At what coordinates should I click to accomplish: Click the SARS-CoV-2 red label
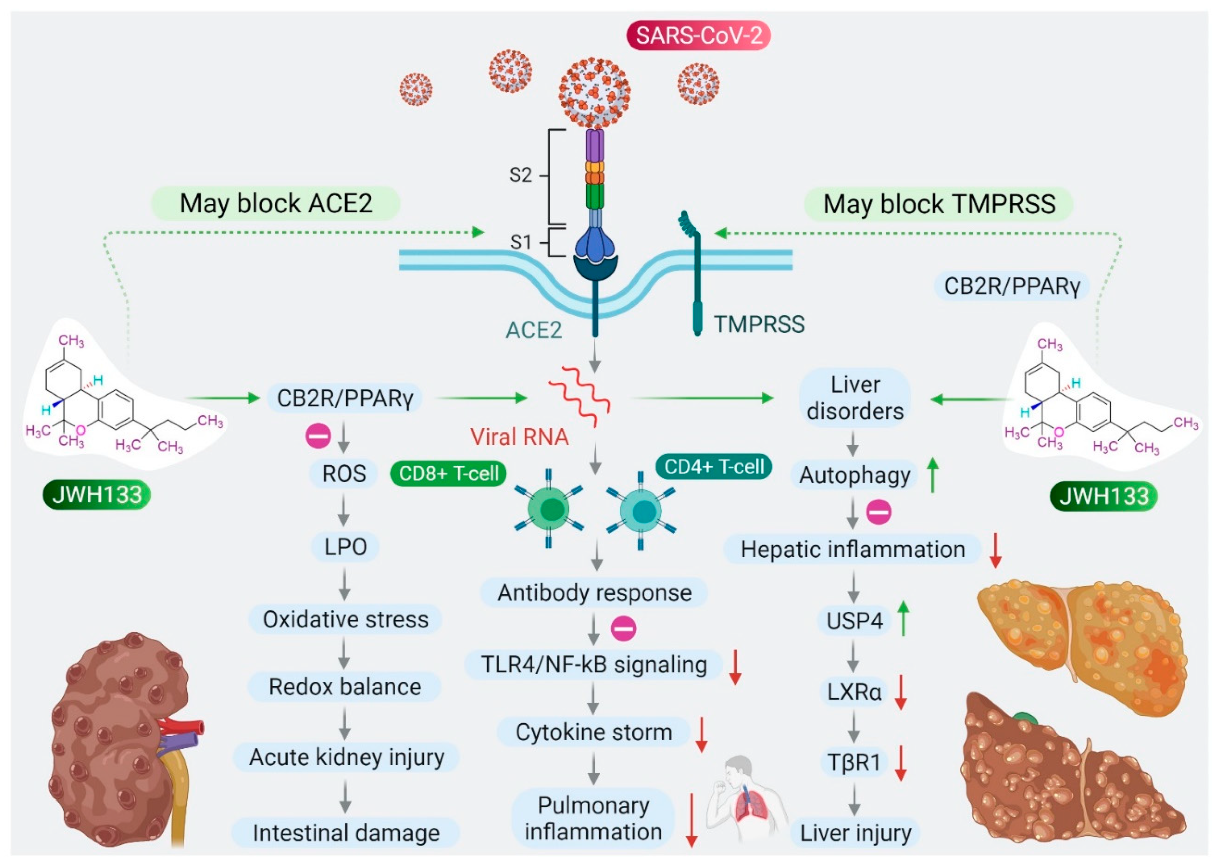pyautogui.click(x=698, y=36)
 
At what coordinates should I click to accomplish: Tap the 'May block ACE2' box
pyautogui.click(x=275, y=203)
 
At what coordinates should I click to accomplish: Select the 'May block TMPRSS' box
pyautogui.click(x=938, y=204)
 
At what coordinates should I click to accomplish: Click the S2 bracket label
pyautogui.click(x=521, y=175)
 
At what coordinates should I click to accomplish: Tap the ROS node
pyautogui.click(x=344, y=473)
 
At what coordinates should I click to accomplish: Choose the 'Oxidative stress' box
pyautogui.click(x=345, y=619)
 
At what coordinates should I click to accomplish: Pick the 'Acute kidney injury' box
pyautogui.click(x=346, y=757)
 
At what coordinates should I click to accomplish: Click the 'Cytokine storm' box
pyautogui.click(x=593, y=732)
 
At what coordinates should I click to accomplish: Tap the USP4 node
pyautogui.click(x=854, y=621)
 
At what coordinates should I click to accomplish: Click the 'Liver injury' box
pyautogui.click(x=855, y=832)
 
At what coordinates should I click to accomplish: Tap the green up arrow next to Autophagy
pyautogui.click(x=932, y=476)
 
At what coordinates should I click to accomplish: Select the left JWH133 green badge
pyautogui.click(x=96, y=495)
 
